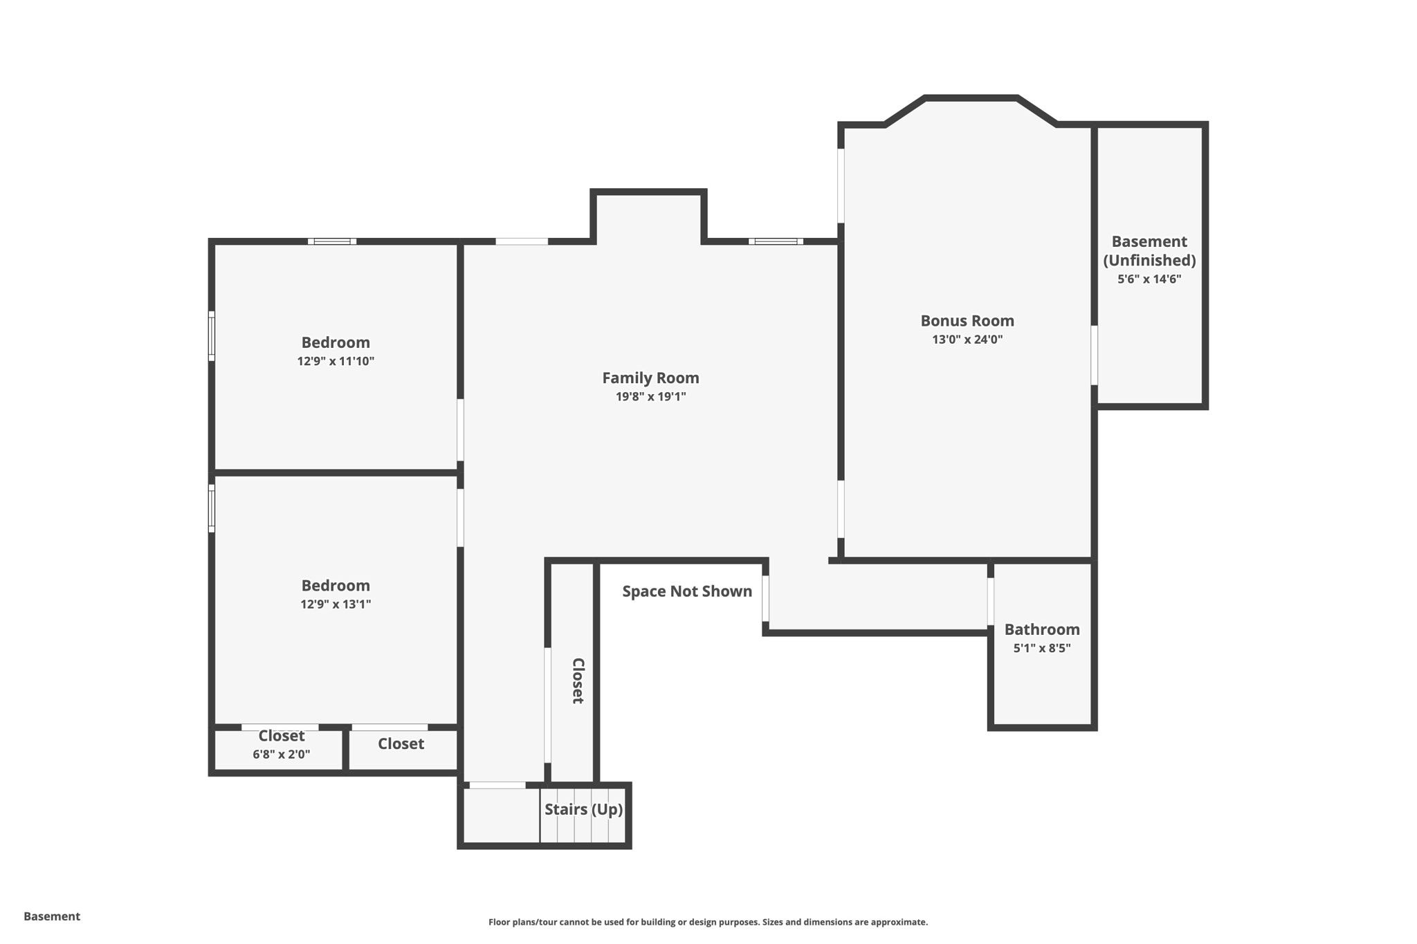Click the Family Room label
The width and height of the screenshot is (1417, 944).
650,378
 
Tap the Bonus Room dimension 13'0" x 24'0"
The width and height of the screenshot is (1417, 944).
967,340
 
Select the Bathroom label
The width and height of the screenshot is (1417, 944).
1042,629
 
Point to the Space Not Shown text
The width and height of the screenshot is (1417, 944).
687,591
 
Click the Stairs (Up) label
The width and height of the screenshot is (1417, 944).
583,809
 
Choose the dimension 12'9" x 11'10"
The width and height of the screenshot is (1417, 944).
336,361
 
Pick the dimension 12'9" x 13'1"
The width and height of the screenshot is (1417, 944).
336,604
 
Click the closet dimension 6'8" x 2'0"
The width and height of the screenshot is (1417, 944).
281,755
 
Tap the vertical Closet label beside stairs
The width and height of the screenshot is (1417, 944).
577,681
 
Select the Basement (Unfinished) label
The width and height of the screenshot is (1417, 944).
1149,251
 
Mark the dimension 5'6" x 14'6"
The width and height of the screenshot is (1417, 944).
1149,279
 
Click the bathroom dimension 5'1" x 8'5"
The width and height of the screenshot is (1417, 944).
1042,648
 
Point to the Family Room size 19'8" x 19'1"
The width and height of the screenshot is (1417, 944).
650,397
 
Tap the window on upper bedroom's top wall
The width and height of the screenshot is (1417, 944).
332,241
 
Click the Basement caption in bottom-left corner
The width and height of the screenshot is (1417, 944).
52,916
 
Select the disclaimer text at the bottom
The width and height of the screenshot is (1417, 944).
708,922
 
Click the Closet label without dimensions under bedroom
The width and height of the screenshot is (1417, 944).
401,744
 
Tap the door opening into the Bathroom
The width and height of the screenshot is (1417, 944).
991,602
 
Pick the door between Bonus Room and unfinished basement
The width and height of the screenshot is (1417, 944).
1094,355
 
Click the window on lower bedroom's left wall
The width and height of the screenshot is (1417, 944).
212,508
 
